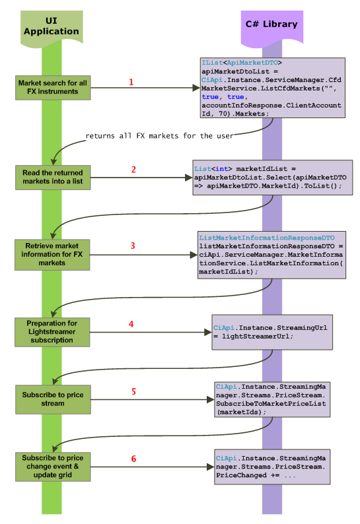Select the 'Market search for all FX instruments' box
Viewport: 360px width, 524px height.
pos(52,87)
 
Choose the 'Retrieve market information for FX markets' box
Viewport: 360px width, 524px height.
pos(52,254)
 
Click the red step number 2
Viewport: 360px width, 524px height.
pos(134,170)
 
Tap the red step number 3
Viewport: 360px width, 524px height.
pos(133,246)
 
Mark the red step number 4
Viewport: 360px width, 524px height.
pos(131,324)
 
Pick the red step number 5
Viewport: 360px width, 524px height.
pos(134,391)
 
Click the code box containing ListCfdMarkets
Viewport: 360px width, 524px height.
pos(272,88)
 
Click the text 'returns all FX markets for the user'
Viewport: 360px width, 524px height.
pos(159,137)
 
